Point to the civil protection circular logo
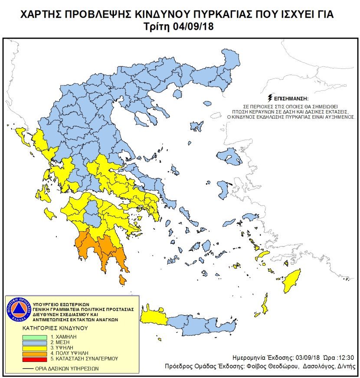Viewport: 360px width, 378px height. click(x=18, y=310)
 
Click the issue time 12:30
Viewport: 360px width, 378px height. click(x=345, y=358)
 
